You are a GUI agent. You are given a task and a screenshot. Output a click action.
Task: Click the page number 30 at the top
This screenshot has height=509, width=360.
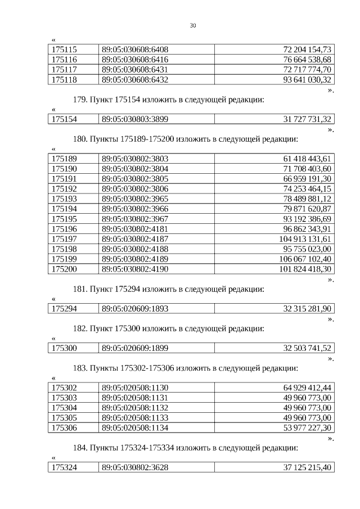193,26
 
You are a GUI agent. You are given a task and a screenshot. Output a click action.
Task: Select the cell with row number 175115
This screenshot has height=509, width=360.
64,49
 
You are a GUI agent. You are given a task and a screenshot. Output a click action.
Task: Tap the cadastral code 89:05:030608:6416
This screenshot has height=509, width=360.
135,60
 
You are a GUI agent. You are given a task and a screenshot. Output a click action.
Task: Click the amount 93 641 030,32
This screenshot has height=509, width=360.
307,80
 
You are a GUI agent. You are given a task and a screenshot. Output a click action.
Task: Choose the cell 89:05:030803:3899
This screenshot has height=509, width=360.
135,119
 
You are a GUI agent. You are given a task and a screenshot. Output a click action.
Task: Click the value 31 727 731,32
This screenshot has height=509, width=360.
307,119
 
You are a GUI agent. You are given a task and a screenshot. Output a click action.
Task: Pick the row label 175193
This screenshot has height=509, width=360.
64,199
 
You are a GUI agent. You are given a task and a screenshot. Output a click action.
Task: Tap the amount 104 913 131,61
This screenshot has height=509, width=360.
305,239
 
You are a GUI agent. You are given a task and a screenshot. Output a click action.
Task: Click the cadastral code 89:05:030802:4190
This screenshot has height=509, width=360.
135,269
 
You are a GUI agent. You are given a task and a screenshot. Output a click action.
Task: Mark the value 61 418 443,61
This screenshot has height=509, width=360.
307,159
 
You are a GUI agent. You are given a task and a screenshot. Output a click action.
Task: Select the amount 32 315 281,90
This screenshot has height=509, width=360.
307,309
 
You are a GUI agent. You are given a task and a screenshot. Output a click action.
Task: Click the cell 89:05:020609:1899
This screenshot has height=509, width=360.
135,348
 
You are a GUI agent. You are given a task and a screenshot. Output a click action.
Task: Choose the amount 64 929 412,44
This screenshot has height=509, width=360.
307,388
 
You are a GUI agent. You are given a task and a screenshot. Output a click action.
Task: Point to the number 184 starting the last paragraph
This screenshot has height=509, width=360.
80,447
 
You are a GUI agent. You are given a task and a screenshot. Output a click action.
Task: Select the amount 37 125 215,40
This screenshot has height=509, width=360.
307,467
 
